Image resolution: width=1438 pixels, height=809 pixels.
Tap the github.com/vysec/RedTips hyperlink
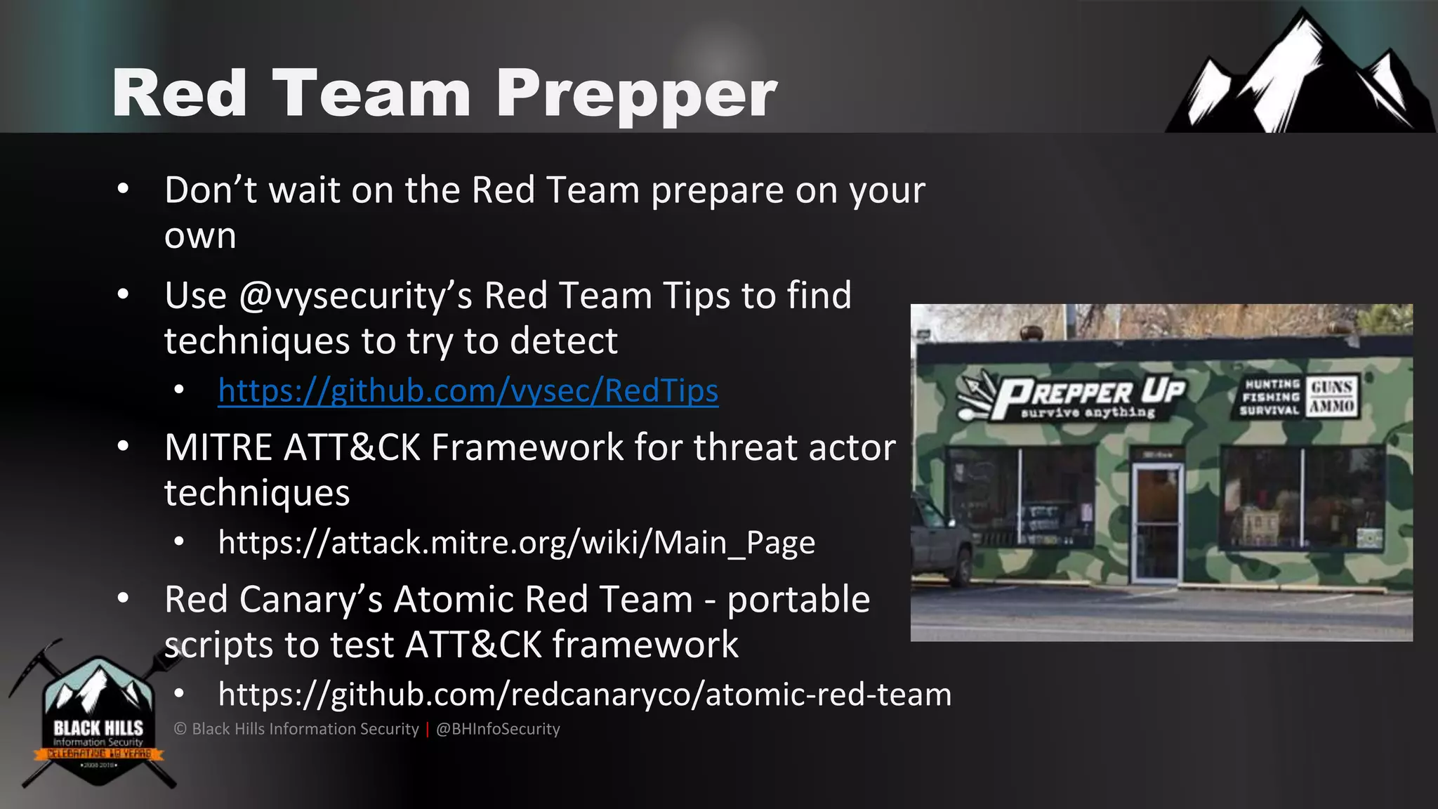468,391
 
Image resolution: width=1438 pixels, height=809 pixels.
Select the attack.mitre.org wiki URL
516,543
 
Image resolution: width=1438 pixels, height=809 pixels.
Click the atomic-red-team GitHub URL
584,695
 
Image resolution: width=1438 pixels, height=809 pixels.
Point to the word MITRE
218,447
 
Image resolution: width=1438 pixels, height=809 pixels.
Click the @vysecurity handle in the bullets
355,296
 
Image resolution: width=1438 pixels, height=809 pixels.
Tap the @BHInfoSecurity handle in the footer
498,729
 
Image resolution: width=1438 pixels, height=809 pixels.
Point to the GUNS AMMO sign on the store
1332,397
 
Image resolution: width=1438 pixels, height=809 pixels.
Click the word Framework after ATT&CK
527,447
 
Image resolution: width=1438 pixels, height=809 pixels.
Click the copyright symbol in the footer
180,729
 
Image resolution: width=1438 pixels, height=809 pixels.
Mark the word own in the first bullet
200,236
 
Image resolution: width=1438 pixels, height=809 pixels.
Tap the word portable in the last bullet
798,600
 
